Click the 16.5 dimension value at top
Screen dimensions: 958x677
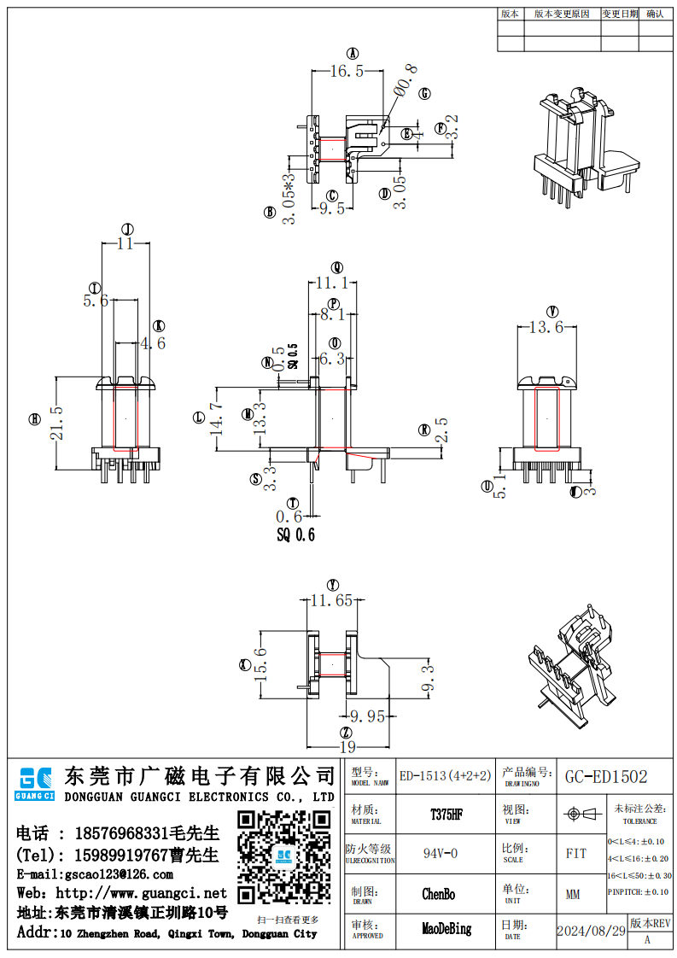347,72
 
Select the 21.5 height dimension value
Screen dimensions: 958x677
56,424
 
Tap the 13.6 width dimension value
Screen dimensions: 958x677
546,327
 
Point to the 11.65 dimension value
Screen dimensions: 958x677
331,600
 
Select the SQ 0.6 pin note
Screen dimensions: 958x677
295,535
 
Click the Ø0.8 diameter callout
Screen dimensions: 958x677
405,80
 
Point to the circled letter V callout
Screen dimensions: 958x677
552,311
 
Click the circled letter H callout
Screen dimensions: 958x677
35,419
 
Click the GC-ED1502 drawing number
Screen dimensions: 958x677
606,777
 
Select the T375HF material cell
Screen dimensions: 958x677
446,815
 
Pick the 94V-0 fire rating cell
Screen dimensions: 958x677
441,853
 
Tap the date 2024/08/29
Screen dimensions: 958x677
591,931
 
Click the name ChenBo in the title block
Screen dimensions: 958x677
439,894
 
